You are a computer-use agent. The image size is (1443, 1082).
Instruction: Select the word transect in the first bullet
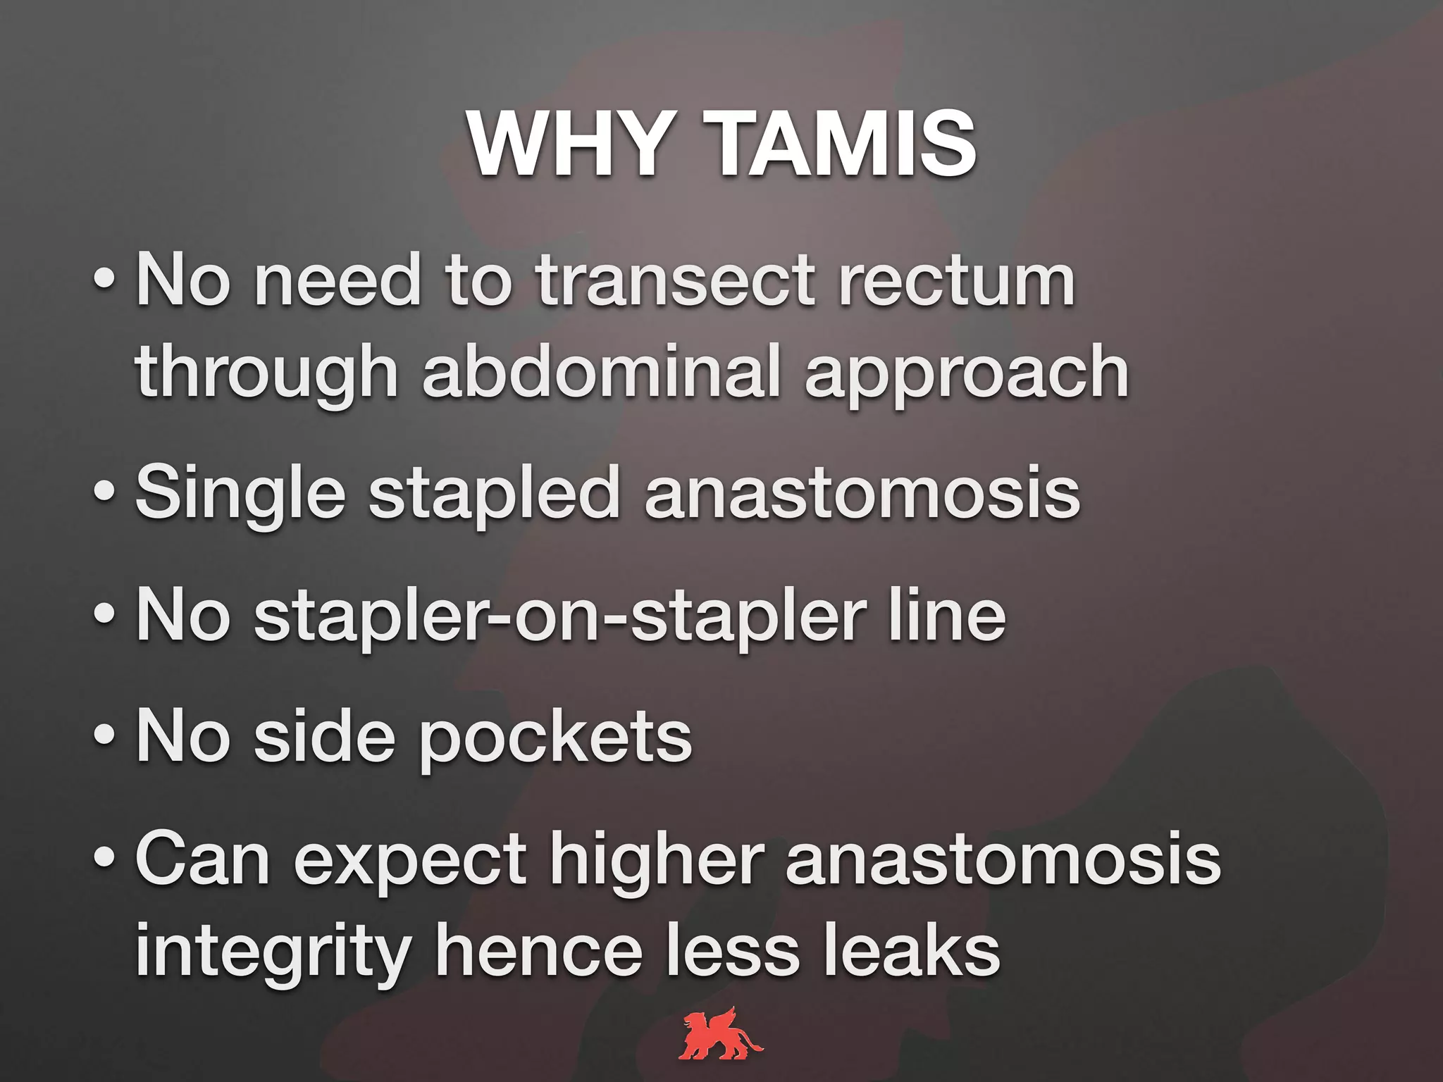point(675,281)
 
